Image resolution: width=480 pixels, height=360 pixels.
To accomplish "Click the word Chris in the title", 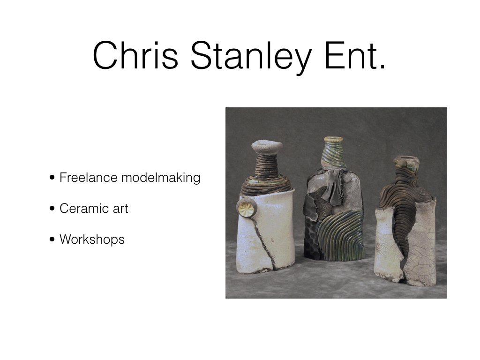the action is tap(135, 55).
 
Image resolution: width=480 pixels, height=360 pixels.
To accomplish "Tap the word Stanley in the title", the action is tap(251, 58).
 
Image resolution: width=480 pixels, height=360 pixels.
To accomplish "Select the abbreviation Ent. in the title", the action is tap(355, 56).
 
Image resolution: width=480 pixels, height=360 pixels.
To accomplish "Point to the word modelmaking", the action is tap(161, 178).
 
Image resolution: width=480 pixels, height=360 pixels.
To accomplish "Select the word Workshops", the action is tap(92, 240).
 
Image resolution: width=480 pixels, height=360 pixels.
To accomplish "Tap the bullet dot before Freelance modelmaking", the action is tap(52, 178).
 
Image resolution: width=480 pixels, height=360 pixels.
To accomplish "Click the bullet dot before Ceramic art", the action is tap(52, 209).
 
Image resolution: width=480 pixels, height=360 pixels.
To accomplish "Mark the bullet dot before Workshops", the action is tap(52, 239).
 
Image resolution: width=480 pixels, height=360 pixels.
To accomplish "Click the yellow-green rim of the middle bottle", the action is tap(334, 140).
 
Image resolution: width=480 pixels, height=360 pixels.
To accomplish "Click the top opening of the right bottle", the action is tap(406, 159).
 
